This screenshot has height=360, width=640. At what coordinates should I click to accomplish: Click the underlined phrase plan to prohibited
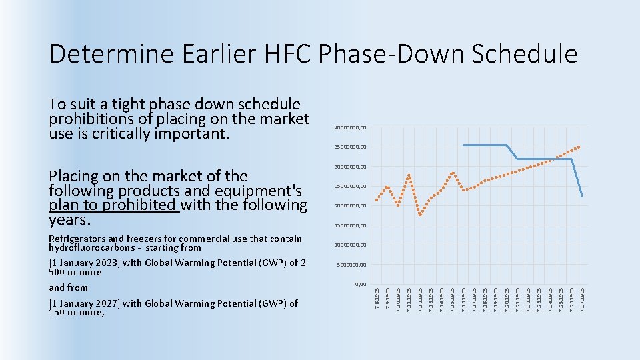[114, 205]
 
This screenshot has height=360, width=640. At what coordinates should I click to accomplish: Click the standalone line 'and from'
[68, 287]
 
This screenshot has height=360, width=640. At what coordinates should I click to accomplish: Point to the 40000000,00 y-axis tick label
[350, 128]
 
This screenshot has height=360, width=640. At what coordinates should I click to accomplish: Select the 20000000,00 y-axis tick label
[350, 206]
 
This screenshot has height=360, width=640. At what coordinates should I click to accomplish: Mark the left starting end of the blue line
[463, 145]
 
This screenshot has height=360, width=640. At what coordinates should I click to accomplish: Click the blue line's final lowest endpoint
[582, 197]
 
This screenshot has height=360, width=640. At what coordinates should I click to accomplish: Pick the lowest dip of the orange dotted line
[420, 215]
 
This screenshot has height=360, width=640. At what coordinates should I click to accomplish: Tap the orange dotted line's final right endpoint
[581, 146]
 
